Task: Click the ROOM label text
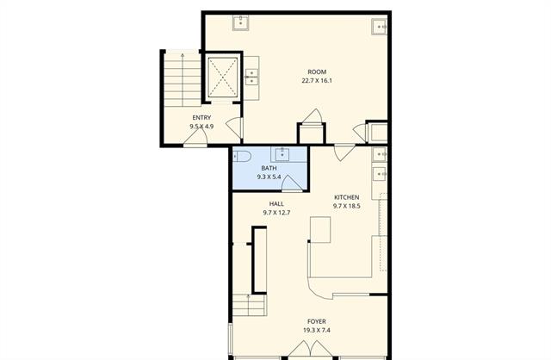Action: [317, 72]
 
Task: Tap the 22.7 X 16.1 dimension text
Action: [317, 80]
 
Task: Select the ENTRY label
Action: [201, 118]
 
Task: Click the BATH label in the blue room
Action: [269, 168]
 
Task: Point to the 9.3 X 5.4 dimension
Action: [269, 177]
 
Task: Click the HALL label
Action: [276, 204]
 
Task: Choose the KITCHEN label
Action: [346, 197]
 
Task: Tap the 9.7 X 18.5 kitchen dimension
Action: [346, 206]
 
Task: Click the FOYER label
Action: [317, 321]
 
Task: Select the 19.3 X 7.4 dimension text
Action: [317, 330]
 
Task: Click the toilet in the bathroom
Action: [241, 155]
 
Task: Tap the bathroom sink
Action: [282, 154]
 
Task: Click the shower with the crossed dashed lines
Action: [222, 77]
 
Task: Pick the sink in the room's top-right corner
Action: [380, 27]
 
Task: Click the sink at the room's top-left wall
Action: [241, 22]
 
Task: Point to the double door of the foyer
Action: [310, 349]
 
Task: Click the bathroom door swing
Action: [292, 183]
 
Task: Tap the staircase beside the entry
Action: [183, 79]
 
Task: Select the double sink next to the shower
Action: [251, 77]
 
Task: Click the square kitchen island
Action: [320, 230]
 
